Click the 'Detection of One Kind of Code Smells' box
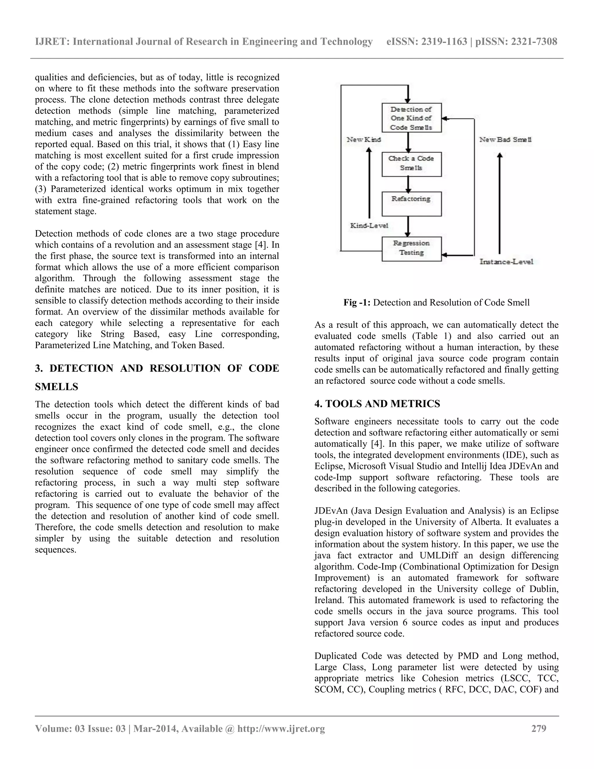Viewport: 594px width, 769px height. [411, 118]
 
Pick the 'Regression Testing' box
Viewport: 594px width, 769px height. [411, 249]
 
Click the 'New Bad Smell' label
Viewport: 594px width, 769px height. [505, 139]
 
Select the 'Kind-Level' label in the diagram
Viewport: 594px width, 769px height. [369, 225]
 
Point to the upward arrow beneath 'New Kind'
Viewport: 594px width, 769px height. [369, 183]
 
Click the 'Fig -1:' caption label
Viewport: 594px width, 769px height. [357, 302]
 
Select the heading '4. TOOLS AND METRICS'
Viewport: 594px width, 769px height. [377, 404]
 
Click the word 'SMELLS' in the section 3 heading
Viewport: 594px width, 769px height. [57, 387]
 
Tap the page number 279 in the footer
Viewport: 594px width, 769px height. [538, 728]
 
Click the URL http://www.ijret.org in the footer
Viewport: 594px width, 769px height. [281, 728]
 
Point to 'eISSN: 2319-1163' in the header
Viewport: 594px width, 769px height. [426, 41]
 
